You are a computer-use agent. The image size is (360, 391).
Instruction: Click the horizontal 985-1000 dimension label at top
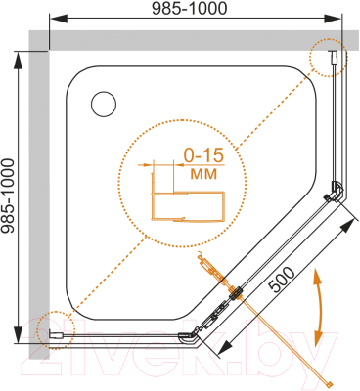(190, 8)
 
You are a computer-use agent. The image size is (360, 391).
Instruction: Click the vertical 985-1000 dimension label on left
(8, 196)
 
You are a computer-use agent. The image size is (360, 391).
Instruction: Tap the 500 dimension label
(282, 280)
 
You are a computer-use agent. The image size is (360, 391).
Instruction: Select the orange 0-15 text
(203, 155)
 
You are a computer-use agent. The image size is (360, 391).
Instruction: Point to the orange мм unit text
(203, 174)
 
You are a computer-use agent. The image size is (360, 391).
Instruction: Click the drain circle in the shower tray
(104, 105)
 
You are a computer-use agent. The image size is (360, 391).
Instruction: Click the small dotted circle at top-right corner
(329, 58)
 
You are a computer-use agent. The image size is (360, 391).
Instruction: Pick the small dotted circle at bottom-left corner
(55, 330)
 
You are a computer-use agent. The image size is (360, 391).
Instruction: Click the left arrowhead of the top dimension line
(58, 19)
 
